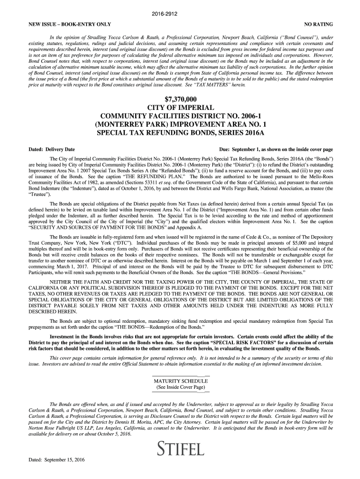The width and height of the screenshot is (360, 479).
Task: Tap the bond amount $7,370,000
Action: pos(180,99)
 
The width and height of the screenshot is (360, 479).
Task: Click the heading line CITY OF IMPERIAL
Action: pos(180,108)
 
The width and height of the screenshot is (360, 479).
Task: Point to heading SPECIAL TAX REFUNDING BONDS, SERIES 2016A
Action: pos(180,133)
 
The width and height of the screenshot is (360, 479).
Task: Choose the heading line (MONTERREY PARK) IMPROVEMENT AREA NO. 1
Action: pos(180,125)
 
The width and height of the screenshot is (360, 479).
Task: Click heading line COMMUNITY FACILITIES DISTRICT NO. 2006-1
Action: pos(180,116)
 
